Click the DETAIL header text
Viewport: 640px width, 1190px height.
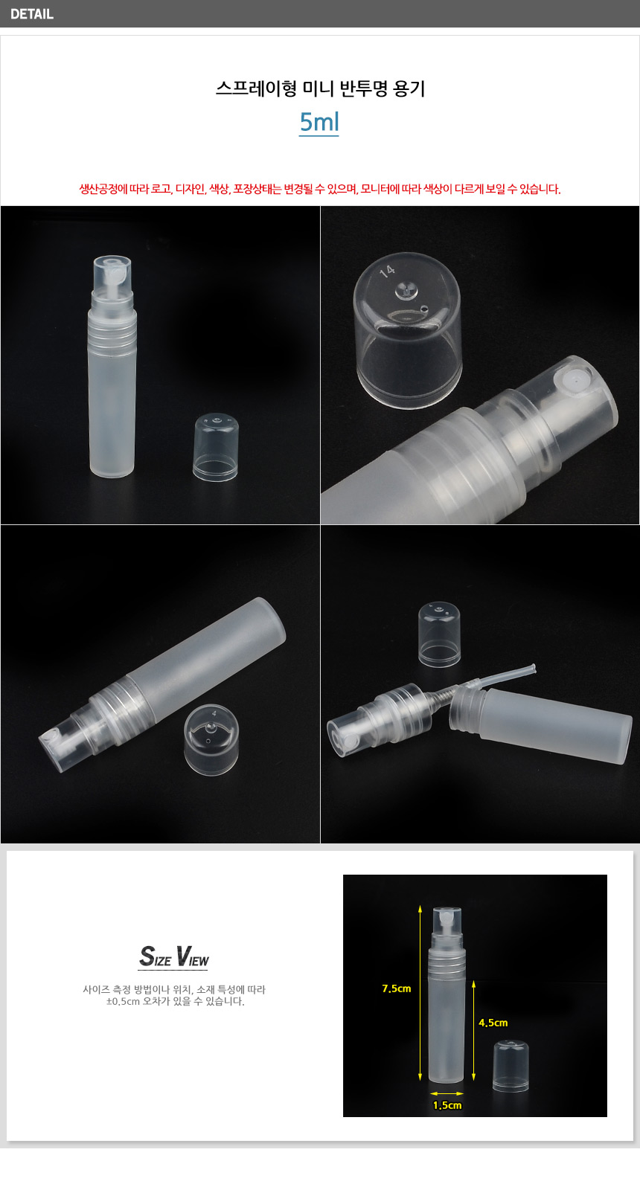click(32, 14)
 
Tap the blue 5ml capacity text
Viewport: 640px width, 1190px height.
click(319, 122)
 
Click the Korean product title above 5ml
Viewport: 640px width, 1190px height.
click(320, 89)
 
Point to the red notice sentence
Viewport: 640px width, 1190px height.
click(320, 189)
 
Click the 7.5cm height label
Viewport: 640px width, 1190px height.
click(397, 988)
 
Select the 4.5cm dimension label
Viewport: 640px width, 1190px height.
click(493, 1023)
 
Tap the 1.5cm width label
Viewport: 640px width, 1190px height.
click(447, 1105)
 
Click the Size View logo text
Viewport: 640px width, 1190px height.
click(174, 956)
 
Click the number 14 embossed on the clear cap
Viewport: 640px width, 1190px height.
click(387, 271)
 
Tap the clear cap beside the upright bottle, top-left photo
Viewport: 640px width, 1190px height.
click(215, 447)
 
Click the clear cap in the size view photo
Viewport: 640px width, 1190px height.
click(511, 1067)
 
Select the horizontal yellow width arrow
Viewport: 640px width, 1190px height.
click(447, 1093)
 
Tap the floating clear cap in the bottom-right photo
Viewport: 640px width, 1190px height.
click(439, 634)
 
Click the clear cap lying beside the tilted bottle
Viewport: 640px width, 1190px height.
click(211, 739)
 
